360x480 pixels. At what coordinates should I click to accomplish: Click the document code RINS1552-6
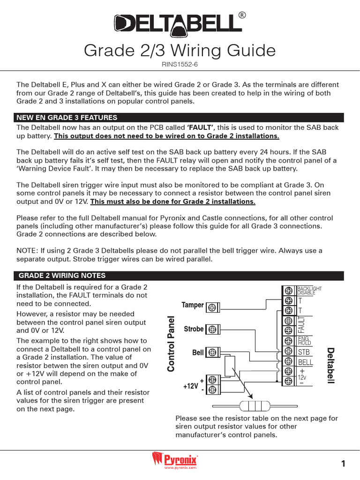(x=180, y=65)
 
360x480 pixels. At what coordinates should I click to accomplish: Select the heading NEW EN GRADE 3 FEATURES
(x=67, y=117)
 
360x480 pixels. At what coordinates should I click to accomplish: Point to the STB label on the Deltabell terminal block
(x=304, y=352)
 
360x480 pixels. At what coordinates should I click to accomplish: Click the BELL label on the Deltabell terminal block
(x=306, y=362)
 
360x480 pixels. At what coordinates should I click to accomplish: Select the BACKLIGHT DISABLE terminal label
(x=310, y=290)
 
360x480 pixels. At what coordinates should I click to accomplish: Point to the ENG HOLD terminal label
(x=304, y=340)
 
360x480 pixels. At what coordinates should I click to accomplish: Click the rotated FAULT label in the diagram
(x=301, y=323)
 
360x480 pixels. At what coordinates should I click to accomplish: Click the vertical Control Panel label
(x=172, y=344)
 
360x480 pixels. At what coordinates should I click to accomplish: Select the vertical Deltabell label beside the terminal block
(x=331, y=365)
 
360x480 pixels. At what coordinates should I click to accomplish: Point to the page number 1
(x=343, y=464)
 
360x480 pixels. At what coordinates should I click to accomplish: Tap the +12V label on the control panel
(x=191, y=386)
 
